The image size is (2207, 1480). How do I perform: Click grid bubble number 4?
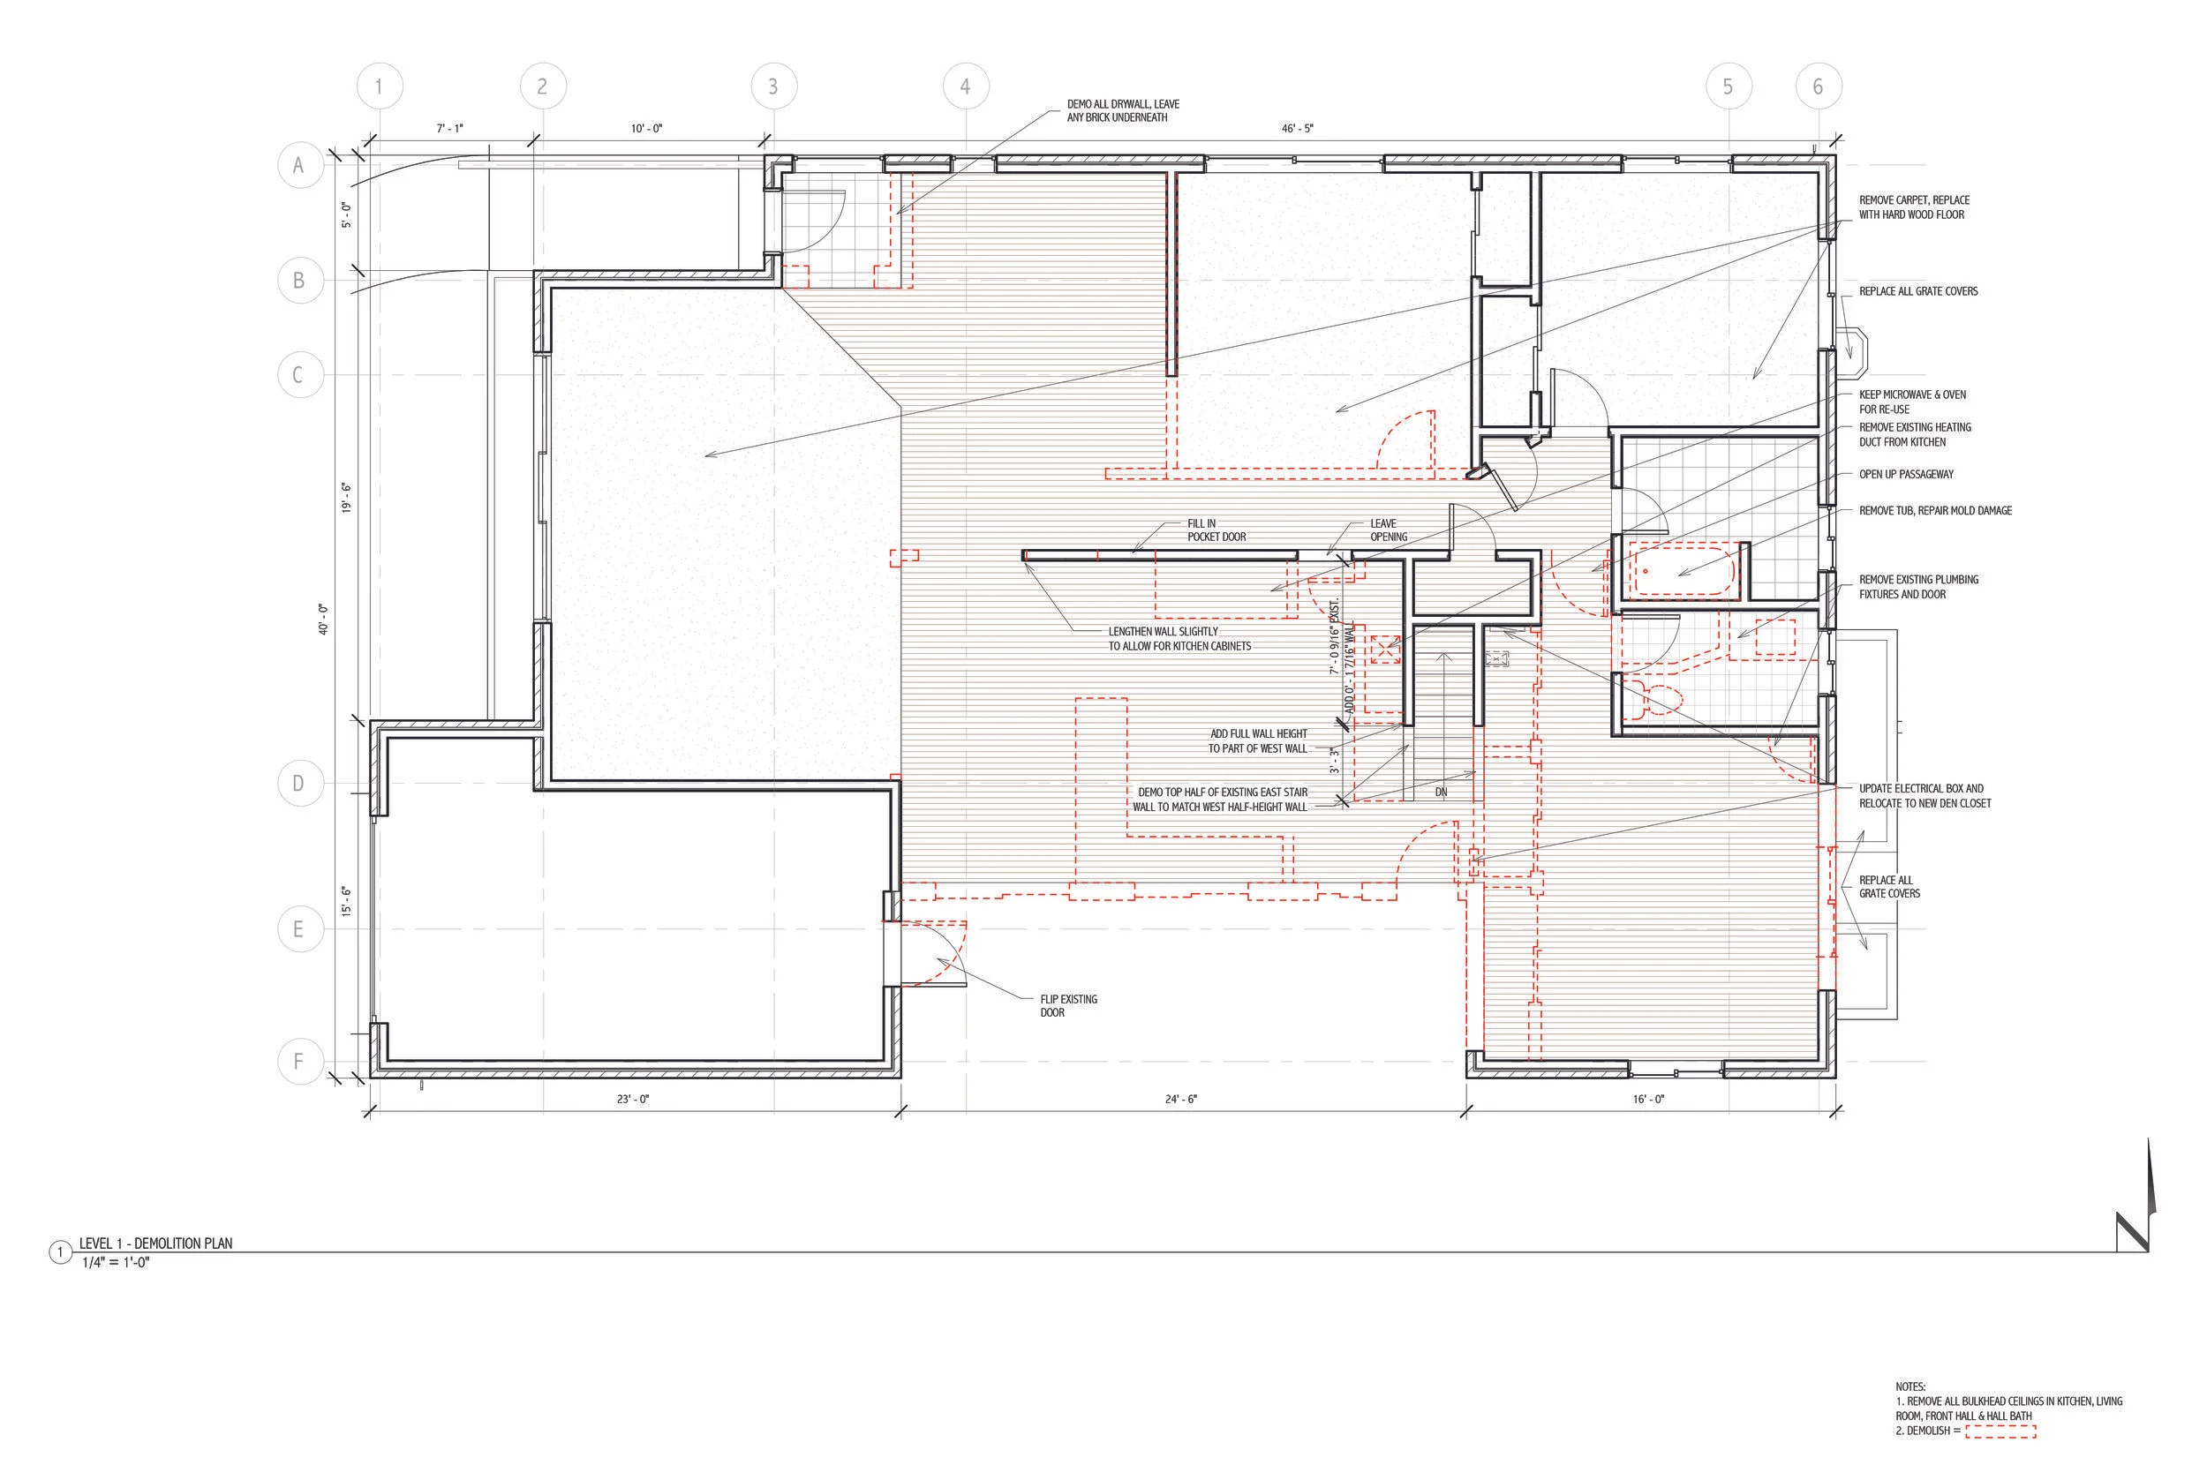point(965,86)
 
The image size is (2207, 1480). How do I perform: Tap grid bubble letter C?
point(298,375)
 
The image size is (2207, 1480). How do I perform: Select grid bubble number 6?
point(1817,86)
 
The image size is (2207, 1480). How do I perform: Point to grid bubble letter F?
point(298,1062)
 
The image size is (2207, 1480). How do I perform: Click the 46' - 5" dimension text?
point(1297,128)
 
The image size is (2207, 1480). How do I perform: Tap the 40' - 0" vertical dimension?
point(324,619)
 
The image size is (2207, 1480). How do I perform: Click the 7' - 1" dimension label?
point(450,128)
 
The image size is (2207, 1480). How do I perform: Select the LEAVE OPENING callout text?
point(1389,530)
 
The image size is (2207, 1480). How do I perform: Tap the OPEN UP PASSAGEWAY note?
point(1906,474)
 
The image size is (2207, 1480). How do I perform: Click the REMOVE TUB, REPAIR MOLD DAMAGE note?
point(1935,511)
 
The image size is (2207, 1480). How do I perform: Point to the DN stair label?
point(1442,793)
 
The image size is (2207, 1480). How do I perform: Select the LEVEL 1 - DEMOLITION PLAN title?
point(155,1243)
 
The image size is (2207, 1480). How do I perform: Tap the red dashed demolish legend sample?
point(2000,1431)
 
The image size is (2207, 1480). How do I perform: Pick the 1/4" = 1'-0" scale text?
point(117,1262)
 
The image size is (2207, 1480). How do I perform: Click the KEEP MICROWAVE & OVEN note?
point(1912,402)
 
